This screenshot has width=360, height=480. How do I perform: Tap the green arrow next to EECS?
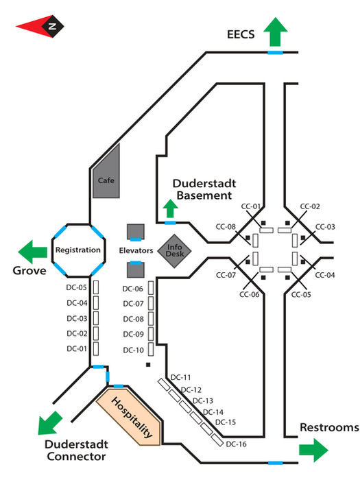(x=276, y=32)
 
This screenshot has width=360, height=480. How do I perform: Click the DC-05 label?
(x=77, y=288)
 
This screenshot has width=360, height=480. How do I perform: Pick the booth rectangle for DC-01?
(x=97, y=349)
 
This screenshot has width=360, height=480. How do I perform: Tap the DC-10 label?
(x=133, y=350)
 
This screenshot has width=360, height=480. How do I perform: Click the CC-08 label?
(x=226, y=227)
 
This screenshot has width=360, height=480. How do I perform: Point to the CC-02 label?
(x=310, y=206)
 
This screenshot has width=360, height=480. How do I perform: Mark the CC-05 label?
(x=302, y=294)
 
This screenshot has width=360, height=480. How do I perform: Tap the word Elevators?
(x=135, y=251)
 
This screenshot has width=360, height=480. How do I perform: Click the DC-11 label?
(x=181, y=377)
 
